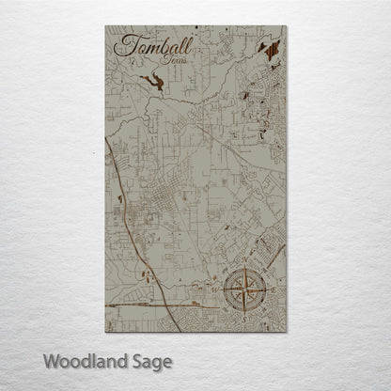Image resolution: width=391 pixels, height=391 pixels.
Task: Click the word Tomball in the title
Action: point(148,46)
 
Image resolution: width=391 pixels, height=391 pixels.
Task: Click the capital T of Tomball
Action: point(119,45)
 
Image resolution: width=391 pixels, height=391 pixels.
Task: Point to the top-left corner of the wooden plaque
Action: point(105,26)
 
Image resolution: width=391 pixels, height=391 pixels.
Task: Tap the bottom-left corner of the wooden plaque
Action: point(105,332)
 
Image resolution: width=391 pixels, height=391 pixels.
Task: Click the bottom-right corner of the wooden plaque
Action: point(286,332)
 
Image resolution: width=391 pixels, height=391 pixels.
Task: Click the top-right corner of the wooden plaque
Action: point(286,26)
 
